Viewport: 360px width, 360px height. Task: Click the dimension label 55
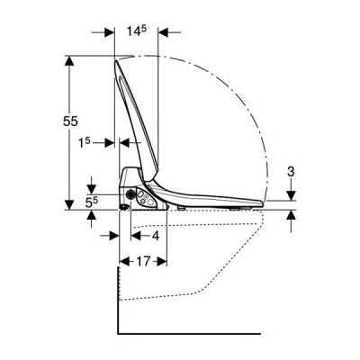click(70, 121)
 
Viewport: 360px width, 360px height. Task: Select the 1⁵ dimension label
click(85, 143)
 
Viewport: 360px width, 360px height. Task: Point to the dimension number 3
click(291, 172)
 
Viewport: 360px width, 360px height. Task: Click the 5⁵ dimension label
click(92, 202)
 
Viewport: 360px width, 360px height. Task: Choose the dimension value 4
click(155, 236)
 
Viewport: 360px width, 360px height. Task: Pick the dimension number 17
click(143, 261)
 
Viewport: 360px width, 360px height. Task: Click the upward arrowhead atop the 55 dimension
click(69, 61)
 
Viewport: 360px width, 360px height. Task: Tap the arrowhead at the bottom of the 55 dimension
click(69, 204)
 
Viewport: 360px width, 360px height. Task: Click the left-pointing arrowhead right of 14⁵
click(163, 32)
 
